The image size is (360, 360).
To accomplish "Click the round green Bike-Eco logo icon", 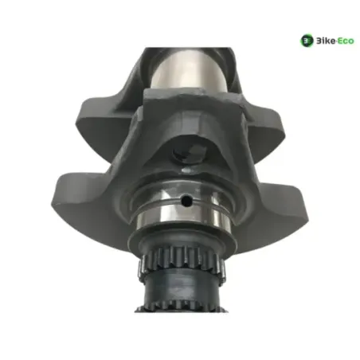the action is (x=307, y=41).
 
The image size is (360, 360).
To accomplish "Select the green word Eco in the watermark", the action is (x=346, y=41).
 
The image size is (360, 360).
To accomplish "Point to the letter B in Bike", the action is (x=319, y=41).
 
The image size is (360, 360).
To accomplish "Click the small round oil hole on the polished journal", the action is (x=186, y=202).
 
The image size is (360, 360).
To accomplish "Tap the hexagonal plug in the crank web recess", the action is (x=190, y=153).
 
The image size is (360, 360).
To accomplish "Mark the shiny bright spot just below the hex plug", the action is (x=189, y=170).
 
